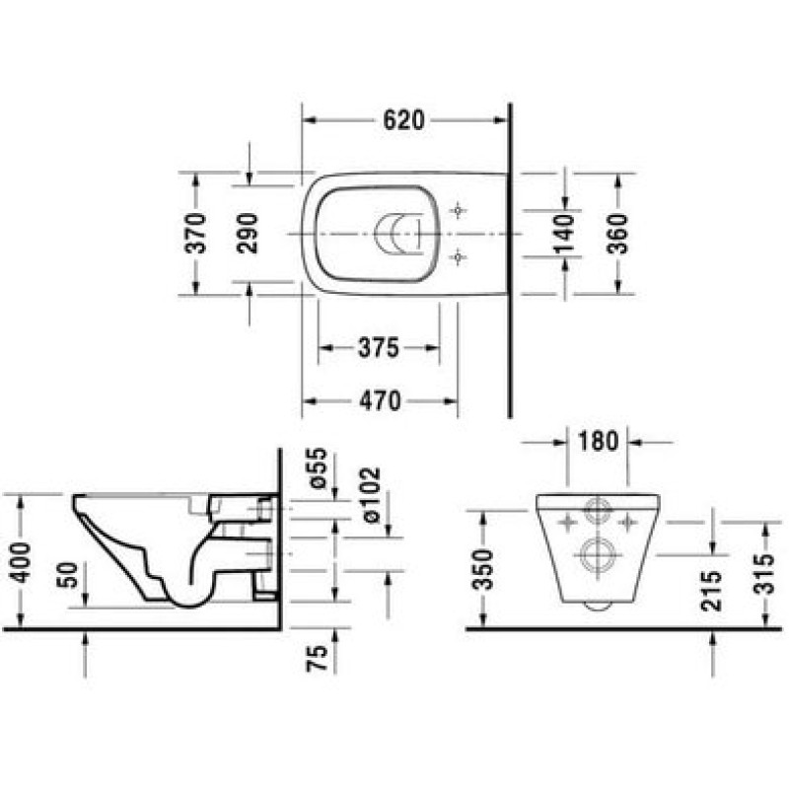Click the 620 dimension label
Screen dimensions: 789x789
coord(404,120)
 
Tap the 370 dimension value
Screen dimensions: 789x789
coord(195,233)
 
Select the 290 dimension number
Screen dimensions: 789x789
coord(248,233)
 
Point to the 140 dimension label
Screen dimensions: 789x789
coord(564,233)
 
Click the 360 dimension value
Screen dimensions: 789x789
coord(618,234)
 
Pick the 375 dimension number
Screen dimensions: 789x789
coord(379,347)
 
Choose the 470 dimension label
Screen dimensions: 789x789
coord(380,401)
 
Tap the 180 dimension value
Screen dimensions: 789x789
coord(598,441)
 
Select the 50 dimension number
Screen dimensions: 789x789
coord(68,575)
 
